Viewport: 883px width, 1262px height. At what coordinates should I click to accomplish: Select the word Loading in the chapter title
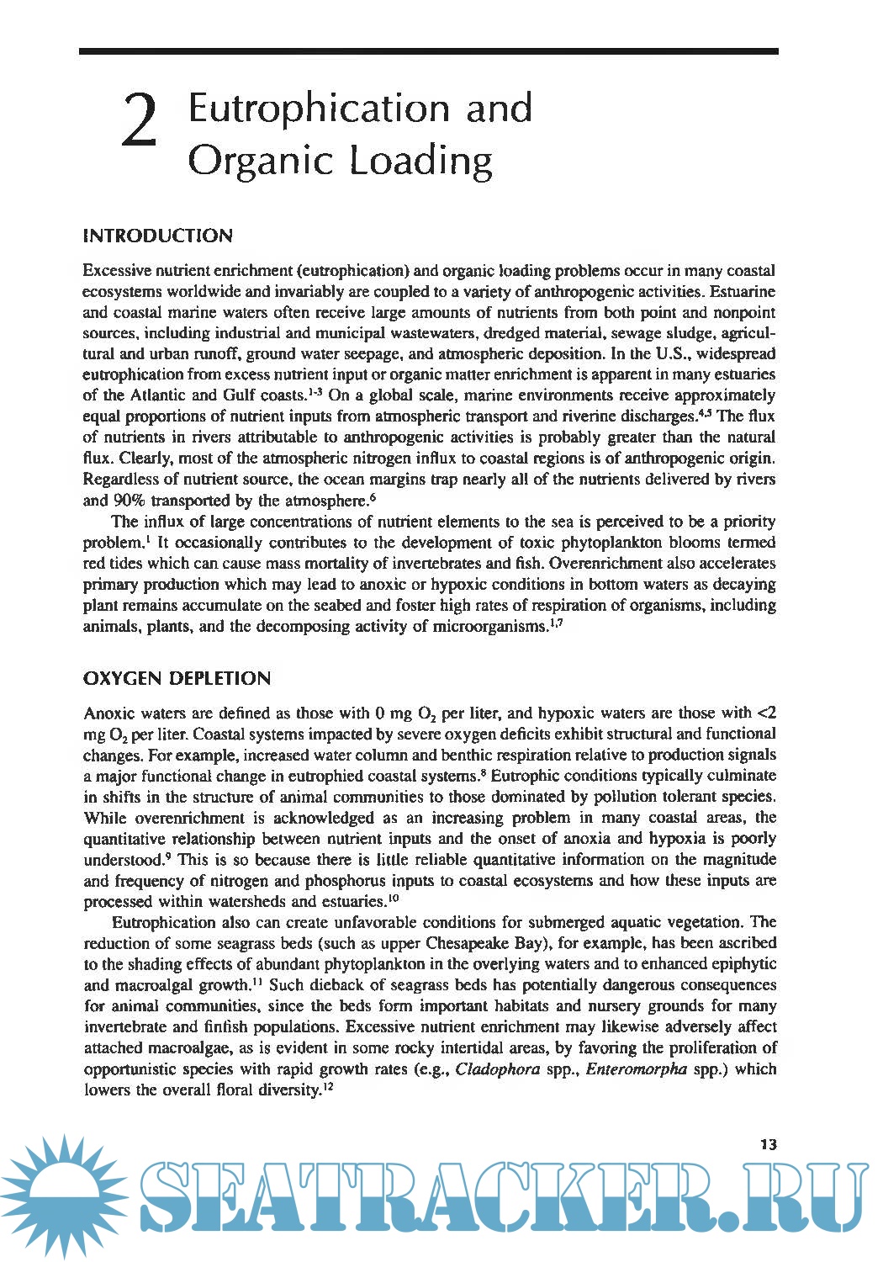[421, 161]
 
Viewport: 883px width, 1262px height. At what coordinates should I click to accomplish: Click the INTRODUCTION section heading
[158, 236]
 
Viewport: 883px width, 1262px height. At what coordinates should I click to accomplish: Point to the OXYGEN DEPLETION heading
[177, 679]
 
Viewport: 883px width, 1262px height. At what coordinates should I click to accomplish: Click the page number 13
[768, 1144]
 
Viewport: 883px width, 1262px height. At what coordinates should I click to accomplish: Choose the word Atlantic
[158, 395]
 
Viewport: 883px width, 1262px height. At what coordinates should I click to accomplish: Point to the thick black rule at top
[429, 51]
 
